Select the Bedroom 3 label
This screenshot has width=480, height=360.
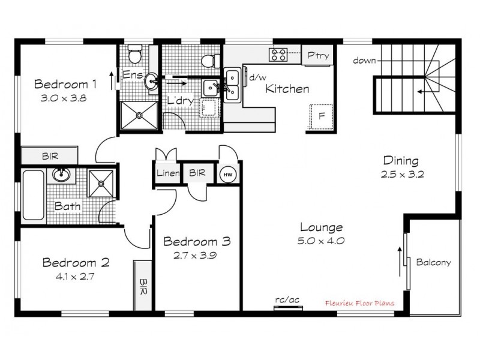click(197, 242)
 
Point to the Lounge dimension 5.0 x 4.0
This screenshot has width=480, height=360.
click(322, 241)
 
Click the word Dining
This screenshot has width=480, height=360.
click(400, 161)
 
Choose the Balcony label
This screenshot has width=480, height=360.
click(433, 262)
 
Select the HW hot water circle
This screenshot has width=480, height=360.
click(227, 173)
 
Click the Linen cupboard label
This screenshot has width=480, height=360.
click(167, 173)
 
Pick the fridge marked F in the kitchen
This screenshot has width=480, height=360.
click(321, 116)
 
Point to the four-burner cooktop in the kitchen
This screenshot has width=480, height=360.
click(279, 55)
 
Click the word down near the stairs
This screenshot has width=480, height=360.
click(364, 60)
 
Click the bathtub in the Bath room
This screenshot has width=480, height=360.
click(34, 195)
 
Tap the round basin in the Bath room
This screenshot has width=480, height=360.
click(61, 175)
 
